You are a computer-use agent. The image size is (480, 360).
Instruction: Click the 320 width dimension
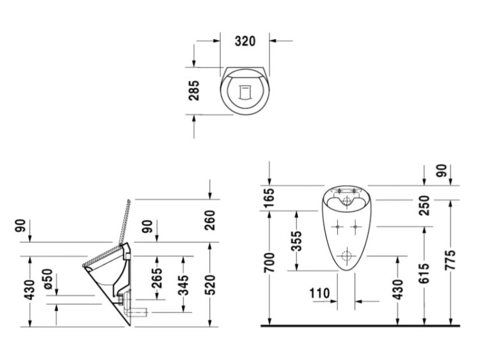click(x=245, y=41)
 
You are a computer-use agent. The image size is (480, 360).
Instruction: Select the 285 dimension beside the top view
click(x=194, y=91)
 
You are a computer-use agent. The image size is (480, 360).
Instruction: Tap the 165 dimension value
click(x=269, y=198)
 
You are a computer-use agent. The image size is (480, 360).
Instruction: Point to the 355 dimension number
click(x=296, y=241)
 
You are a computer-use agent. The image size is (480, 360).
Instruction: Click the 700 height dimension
click(x=269, y=262)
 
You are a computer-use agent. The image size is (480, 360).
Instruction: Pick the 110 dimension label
click(x=319, y=293)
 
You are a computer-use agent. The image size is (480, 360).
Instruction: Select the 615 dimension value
click(x=424, y=273)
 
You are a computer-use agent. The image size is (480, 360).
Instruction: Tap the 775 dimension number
click(x=451, y=260)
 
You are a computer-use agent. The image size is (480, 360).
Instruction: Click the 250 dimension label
click(x=424, y=205)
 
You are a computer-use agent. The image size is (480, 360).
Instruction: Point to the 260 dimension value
click(x=211, y=220)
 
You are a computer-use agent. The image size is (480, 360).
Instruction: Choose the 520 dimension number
click(x=211, y=285)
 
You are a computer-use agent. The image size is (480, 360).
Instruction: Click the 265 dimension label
click(x=157, y=278)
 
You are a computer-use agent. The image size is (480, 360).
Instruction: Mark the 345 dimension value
click(x=184, y=285)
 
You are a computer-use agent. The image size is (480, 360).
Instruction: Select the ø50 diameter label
click(x=48, y=279)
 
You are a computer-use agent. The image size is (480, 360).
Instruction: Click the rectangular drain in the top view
click(x=245, y=92)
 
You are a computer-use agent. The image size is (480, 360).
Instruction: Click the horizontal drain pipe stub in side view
click(x=137, y=312)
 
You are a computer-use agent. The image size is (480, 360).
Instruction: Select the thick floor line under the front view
click(x=360, y=325)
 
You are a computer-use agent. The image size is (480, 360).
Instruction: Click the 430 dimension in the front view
click(x=398, y=290)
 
